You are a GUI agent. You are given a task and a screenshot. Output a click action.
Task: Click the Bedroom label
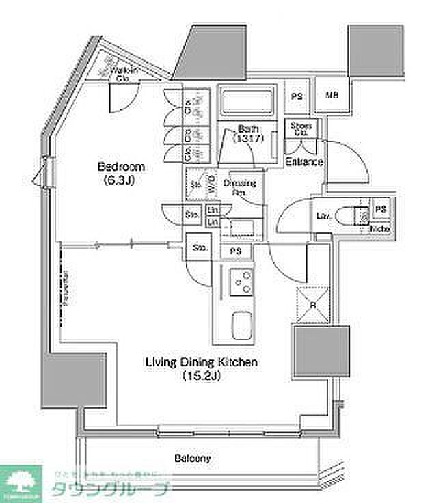point(122,167)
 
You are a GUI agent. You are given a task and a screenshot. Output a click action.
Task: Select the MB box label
point(331,96)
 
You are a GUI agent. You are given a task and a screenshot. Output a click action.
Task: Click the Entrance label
point(304,161)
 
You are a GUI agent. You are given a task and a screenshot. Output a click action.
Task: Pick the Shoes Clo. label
point(301,129)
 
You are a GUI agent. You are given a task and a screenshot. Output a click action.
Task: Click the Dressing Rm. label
point(241,187)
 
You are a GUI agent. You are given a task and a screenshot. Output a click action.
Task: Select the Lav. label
point(324,216)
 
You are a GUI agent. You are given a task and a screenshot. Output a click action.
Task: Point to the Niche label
point(380,228)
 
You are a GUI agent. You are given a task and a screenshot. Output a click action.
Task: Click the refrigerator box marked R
point(313,299)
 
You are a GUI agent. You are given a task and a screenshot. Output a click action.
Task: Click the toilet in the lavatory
point(357,215)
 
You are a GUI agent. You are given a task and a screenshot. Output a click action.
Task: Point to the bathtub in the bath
point(245,103)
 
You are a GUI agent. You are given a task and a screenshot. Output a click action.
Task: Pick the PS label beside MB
point(297,96)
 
